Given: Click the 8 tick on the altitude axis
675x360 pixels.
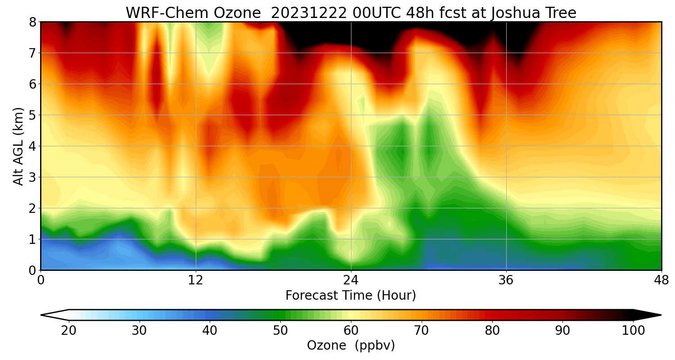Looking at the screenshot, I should click(x=32, y=22).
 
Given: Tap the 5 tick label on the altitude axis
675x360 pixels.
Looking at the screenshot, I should click(x=32, y=115).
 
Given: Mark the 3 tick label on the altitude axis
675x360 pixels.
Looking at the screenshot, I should click(x=32, y=177).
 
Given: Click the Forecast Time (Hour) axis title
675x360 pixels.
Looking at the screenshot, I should click(x=351, y=296).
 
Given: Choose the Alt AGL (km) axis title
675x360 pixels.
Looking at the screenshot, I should click(x=18, y=146).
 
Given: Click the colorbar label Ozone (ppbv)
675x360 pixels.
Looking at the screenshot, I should click(x=351, y=346).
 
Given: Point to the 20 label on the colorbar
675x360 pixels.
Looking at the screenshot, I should click(x=69, y=331).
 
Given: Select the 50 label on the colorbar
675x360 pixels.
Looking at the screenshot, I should click(x=280, y=331).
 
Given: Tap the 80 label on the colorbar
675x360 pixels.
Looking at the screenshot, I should click(x=492, y=331).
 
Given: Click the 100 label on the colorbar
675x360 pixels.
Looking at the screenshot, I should click(x=634, y=331).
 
